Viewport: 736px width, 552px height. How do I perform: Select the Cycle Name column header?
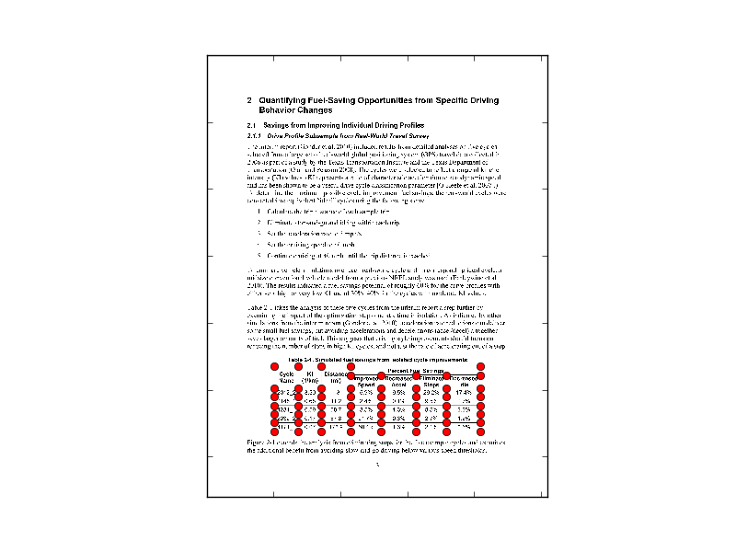[x=286, y=376]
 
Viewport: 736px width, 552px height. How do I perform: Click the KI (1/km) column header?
[x=310, y=376]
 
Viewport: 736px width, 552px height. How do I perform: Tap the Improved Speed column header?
[x=366, y=381]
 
